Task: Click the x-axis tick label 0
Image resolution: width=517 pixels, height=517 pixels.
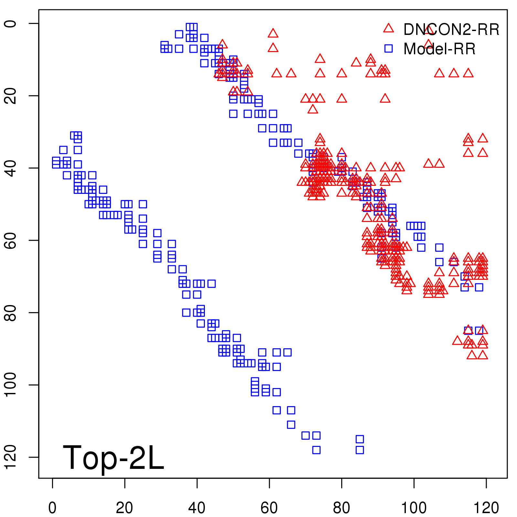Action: click(52, 508)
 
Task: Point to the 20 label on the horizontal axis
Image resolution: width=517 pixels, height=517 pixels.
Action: click(124, 508)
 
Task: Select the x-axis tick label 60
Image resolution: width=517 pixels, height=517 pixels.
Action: click(269, 508)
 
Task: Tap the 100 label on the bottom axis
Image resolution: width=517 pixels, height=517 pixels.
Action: click(414, 508)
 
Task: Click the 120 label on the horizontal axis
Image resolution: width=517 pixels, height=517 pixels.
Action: click(486, 508)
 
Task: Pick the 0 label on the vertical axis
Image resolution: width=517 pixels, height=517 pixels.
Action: click(10, 24)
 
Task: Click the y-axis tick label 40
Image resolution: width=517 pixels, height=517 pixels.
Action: click(10, 168)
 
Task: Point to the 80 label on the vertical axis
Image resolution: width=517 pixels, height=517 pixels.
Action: click(10, 312)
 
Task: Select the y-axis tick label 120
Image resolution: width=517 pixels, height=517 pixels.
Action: click(10, 457)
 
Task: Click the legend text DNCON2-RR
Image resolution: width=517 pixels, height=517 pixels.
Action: click(451, 30)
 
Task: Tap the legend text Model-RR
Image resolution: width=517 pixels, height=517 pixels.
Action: click(439, 49)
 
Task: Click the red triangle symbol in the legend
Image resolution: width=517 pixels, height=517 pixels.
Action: click(388, 28)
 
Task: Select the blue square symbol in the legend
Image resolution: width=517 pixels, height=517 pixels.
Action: click(388, 48)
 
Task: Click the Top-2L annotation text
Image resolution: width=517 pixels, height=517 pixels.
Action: click(113, 458)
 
